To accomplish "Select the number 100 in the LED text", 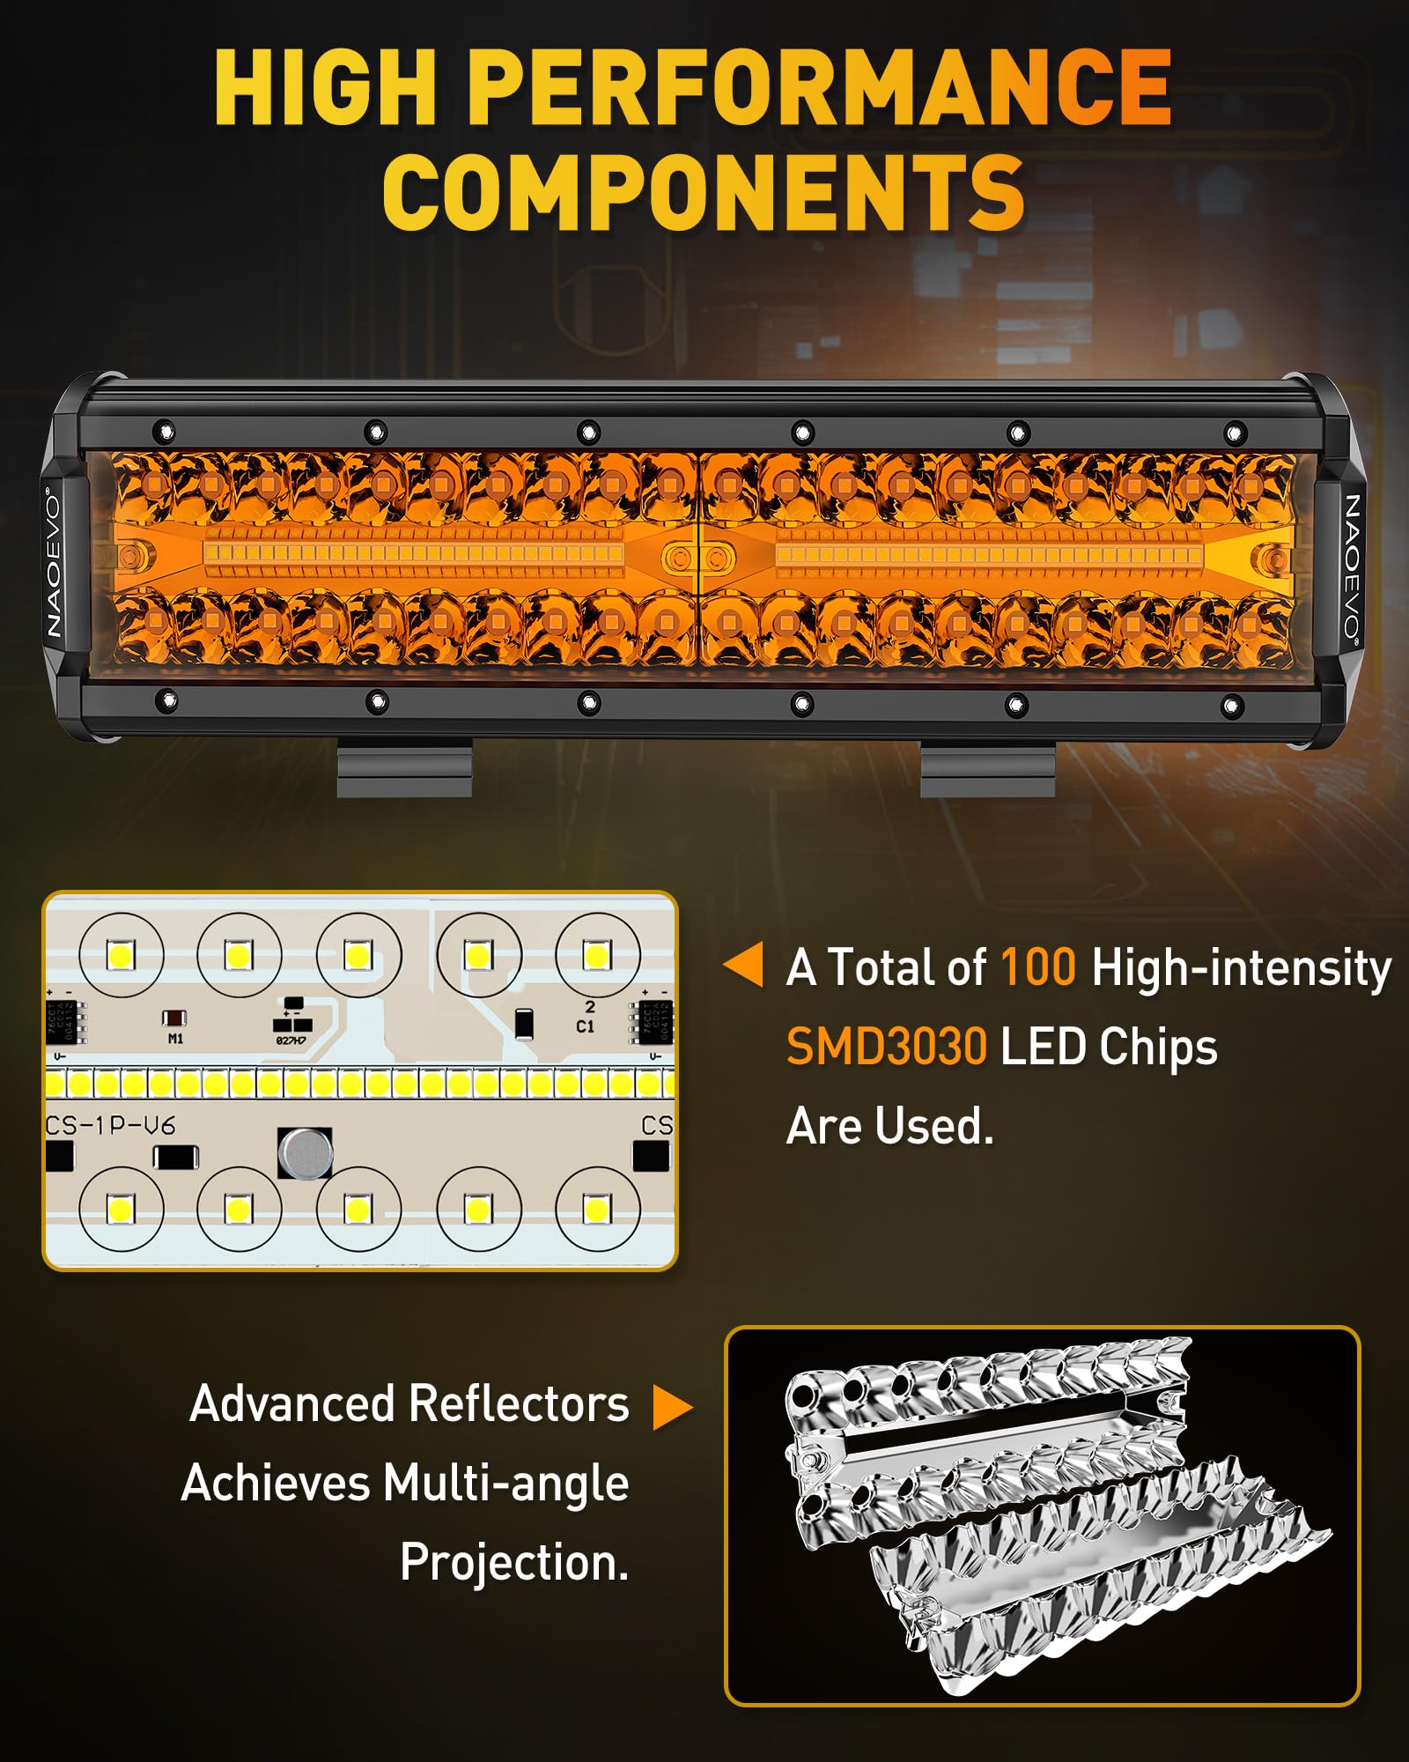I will click(x=1038, y=966).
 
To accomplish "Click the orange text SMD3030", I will click(x=886, y=1048).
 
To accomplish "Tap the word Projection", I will click(x=514, y=1562).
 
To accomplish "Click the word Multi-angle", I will click(x=506, y=1483).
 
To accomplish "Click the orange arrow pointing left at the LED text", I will click(x=743, y=965).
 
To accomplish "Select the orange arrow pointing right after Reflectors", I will click(x=673, y=1406).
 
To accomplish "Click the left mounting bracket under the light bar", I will click(x=404, y=768).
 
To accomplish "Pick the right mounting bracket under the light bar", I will click(x=987, y=768).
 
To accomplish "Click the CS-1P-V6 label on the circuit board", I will click(x=110, y=1125).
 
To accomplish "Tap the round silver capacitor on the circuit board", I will click(x=305, y=1151).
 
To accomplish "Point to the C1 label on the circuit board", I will click(x=585, y=1026).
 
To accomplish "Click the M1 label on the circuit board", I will click(x=175, y=1039).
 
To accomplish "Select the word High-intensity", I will click(x=1241, y=966).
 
